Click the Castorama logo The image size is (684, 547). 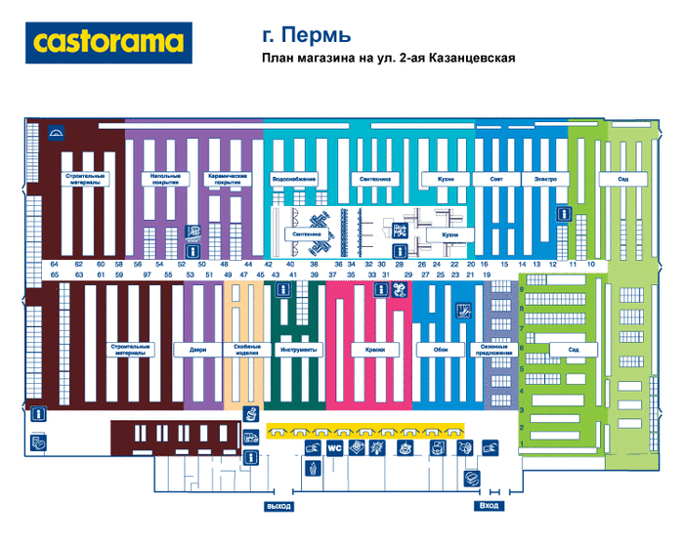108,42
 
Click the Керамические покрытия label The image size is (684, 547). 225,180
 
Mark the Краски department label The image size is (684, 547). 374,349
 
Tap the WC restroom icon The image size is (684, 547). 333,448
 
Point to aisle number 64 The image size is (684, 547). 55,265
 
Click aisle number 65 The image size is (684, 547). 55,275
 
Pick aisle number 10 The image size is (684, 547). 591,265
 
